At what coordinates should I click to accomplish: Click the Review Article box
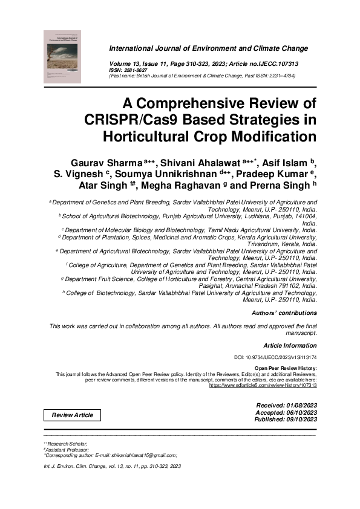tap(72, 415)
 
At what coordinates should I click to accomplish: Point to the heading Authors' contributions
tap(284, 313)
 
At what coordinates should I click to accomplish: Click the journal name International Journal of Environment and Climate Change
tap(208, 48)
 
